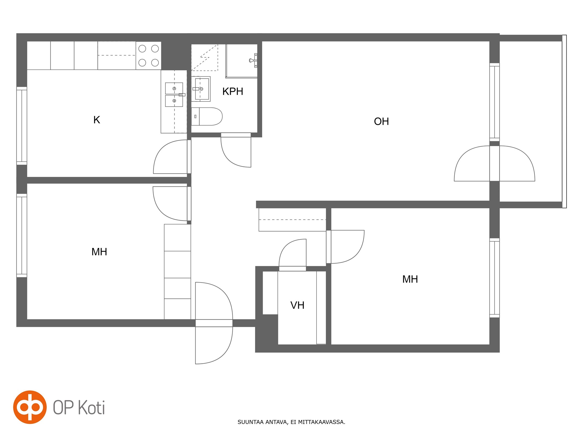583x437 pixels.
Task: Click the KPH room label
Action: point(233,91)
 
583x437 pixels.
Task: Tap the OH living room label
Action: point(381,122)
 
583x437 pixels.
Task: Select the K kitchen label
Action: point(96,120)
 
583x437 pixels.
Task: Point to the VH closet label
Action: point(297,305)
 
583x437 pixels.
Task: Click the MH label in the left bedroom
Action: point(99,252)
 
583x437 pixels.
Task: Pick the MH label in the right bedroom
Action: point(410,279)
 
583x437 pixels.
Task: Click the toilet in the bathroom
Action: point(207,116)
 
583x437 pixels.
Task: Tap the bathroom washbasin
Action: point(201,89)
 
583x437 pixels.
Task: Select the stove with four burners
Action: point(148,56)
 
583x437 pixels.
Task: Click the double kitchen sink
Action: point(174,95)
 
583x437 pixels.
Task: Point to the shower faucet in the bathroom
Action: point(253,60)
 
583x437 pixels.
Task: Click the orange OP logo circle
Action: point(30,407)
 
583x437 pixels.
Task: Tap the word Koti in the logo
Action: point(92,408)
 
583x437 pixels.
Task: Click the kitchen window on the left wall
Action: point(22,126)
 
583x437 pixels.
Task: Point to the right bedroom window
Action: point(494,278)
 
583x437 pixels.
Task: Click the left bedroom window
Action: point(22,235)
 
